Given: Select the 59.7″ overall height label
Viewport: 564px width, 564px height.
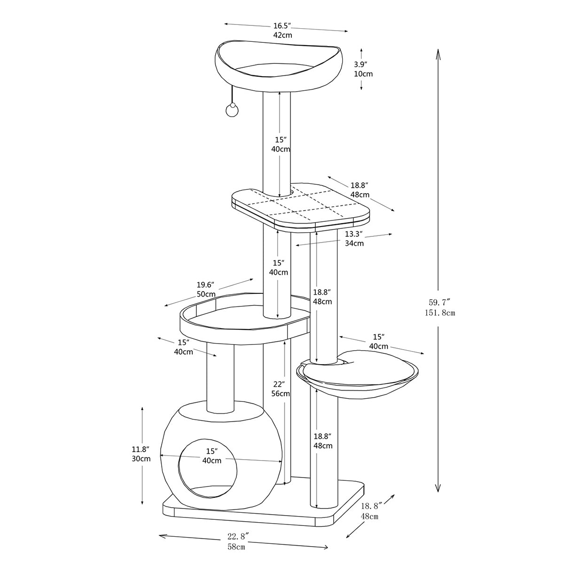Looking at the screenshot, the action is (439, 302).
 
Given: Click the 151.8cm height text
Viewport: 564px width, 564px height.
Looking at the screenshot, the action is (440, 313).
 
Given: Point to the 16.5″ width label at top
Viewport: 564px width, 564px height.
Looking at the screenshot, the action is (282, 25).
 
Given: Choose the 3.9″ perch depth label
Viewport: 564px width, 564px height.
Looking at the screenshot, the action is (360, 64).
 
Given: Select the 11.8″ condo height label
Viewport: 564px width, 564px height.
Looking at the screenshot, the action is (141, 449).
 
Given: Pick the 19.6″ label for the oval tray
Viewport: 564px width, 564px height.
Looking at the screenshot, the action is (205, 284).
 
